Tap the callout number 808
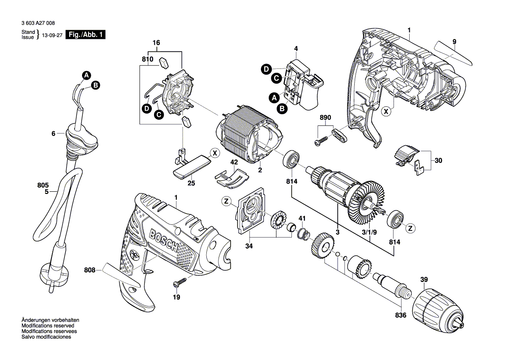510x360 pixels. click(89, 270)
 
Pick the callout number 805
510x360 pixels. click(43, 185)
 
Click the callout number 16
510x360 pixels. click(156, 43)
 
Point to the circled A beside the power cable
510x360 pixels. click(87, 75)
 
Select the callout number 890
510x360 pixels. click(325, 118)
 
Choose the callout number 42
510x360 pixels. click(234, 162)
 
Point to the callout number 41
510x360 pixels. click(301, 218)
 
